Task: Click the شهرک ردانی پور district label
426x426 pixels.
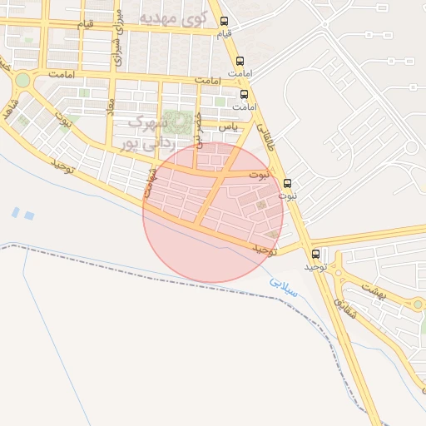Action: [146, 133]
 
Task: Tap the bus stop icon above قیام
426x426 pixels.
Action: [223, 22]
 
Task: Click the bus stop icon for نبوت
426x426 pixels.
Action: [288, 183]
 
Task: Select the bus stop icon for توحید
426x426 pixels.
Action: [315, 254]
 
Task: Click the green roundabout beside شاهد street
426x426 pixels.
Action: [22, 81]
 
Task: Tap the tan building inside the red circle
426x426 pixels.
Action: [262, 205]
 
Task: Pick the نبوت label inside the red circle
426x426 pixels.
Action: [260, 176]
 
